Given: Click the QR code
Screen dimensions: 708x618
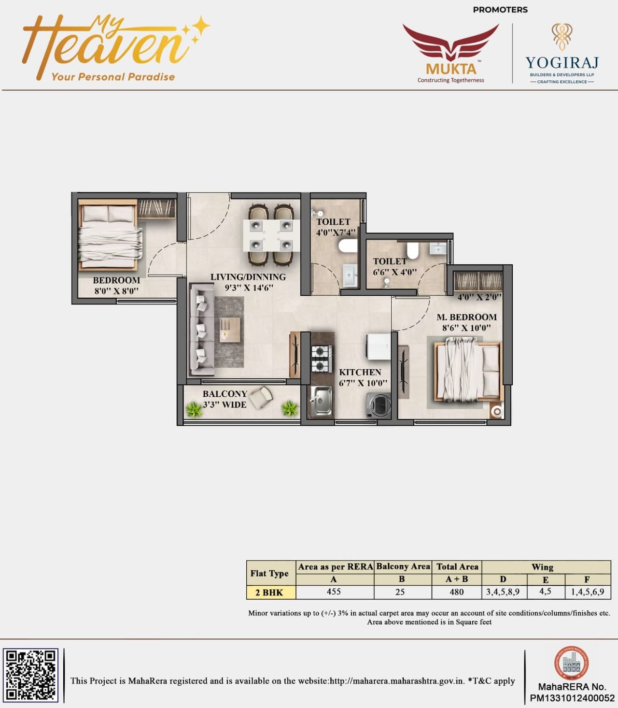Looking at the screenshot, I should (x=30, y=675).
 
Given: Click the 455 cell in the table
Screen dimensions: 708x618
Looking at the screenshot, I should (x=334, y=592).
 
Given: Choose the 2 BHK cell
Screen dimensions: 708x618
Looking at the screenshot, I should (x=269, y=592).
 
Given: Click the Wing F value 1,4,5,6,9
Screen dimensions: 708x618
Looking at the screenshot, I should (x=587, y=592).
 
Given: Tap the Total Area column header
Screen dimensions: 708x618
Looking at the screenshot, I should (x=457, y=566).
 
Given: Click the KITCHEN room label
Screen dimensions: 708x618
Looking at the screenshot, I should (x=360, y=372).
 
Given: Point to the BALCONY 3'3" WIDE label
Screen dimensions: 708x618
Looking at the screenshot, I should (x=225, y=399).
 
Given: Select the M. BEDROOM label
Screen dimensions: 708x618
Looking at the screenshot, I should (x=466, y=317).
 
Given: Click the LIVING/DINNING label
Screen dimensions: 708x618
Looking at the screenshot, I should (x=248, y=277).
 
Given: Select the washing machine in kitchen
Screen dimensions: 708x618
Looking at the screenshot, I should (x=379, y=405).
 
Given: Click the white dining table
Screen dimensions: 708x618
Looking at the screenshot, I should (x=271, y=235).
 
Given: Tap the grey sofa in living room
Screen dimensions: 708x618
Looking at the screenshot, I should (x=202, y=330).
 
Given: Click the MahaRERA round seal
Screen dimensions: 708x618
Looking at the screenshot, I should (x=571, y=663).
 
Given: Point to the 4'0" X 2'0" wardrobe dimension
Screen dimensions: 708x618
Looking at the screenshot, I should (x=479, y=296).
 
